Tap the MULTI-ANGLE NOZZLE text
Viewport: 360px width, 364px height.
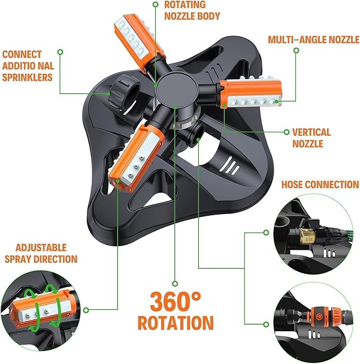click(313, 40)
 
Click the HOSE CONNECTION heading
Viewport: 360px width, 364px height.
click(320, 185)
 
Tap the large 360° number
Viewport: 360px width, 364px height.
click(175, 301)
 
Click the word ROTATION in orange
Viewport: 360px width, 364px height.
click(175, 323)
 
